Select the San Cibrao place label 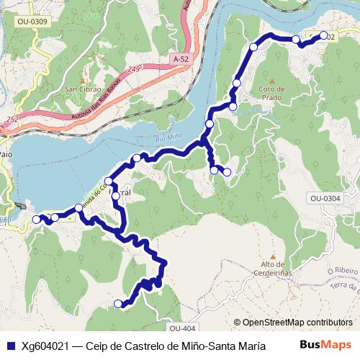[83, 89]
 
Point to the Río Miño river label [171, 139]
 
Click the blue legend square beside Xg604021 [10, 344]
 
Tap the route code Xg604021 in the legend [49, 344]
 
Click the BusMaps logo [325, 343]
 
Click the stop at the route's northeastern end [324, 35]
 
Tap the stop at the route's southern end [119, 304]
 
